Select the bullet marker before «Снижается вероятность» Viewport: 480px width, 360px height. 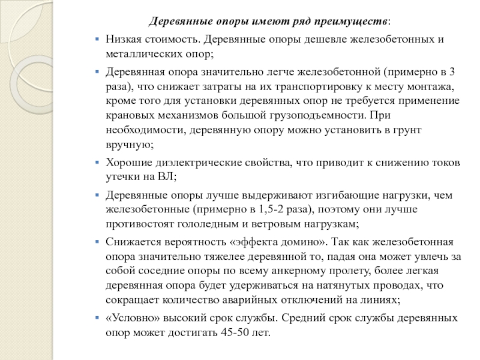pos(98,242)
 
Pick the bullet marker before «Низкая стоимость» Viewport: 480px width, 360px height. pos(98,40)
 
